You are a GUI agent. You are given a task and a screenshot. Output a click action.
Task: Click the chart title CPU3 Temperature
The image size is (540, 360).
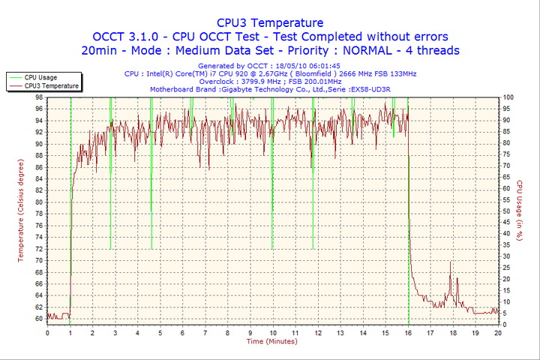click(270, 23)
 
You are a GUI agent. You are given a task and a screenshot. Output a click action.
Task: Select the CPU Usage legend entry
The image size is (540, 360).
click(40, 77)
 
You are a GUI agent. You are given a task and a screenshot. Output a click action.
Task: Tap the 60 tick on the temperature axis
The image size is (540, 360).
click(38, 318)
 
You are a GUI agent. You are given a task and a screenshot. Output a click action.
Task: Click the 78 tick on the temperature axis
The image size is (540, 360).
click(38, 214)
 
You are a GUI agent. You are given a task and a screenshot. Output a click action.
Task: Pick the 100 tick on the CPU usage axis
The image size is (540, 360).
click(508, 97)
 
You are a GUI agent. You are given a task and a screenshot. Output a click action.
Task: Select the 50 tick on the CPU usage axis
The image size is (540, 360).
click(507, 211)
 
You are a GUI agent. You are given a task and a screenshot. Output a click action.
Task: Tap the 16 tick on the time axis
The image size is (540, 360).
click(408, 332)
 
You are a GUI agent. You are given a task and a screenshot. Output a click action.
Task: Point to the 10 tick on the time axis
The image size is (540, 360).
click(272, 332)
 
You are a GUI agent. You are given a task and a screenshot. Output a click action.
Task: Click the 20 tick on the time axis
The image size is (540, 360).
click(498, 332)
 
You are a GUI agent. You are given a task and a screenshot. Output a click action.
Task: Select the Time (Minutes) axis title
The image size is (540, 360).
click(271, 341)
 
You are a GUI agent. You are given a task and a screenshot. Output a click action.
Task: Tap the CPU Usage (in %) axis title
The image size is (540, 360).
click(519, 211)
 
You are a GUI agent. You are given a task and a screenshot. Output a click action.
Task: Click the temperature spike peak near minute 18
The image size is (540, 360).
click(451, 262)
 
